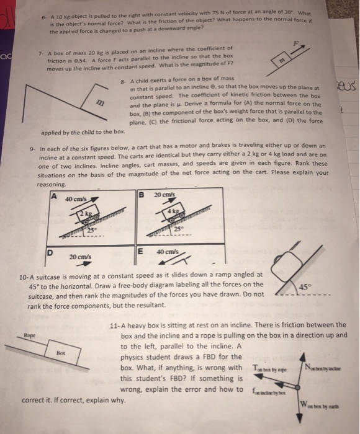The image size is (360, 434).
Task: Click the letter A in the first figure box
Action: (x=54, y=197)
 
